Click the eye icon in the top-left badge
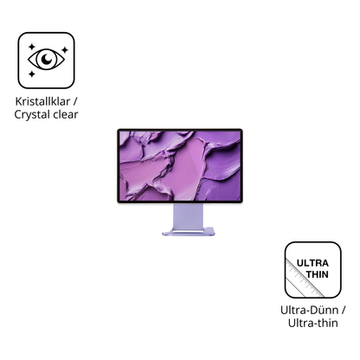click(x=46, y=60)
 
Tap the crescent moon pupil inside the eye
click(x=47, y=59)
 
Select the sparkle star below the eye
click(x=32, y=74)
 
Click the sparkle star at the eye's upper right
click(x=65, y=50)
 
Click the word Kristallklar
click(x=42, y=101)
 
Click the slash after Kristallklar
click(x=75, y=101)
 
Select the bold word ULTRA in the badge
click(x=312, y=263)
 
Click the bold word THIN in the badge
click(x=318, y=274)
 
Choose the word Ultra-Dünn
click(x=310, y=311)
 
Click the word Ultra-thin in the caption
click(x=313, y=323)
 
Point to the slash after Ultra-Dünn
click(x=343, y=311)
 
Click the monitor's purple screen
click(x=180, y=166)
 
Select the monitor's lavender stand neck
click(x=188, y=216)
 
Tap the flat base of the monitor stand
click(x=189, y=232)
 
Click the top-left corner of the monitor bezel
click(x=118, y=130)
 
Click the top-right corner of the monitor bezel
click(x=242, y=130)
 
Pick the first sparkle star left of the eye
click(x=31, y=47)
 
